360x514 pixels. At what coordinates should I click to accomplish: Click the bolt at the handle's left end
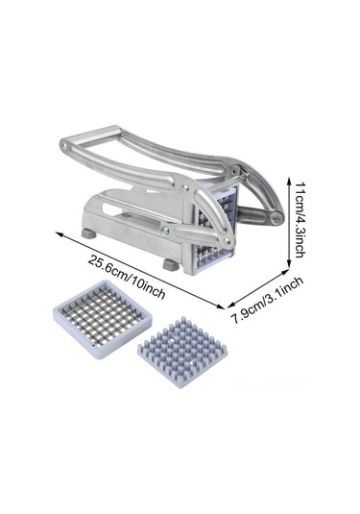coord(66,146)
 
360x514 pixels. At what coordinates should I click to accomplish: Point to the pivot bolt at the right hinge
coord(276,218)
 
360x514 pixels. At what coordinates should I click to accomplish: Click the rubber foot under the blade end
coord(169,263)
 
